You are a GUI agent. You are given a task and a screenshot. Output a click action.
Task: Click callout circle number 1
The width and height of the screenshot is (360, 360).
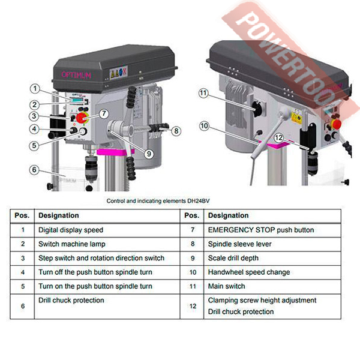click(x=35, y=89)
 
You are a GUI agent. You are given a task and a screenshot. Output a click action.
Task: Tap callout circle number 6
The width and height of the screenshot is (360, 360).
click(x=34, y=170)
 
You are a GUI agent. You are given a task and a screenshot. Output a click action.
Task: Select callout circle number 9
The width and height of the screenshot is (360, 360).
click(x=149, y=154)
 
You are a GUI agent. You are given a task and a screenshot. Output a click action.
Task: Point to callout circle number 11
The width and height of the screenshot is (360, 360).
click(x=203, y=93)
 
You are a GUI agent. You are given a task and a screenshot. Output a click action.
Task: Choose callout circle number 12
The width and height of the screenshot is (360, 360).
click(x=279, y=138)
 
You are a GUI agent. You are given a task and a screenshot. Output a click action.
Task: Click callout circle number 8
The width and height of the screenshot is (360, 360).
click(x=176, y=131)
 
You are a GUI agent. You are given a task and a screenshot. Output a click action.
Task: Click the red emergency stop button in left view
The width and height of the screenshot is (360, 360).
click(x=82, y=118)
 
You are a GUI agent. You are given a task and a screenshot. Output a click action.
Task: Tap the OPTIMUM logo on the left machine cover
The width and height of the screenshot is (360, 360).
click(x=76, y=75)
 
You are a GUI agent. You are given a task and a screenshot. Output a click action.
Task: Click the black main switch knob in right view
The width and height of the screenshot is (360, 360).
click(x=257, y=109)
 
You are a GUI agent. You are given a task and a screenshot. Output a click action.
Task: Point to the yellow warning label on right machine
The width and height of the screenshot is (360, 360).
click(x=296, y=116)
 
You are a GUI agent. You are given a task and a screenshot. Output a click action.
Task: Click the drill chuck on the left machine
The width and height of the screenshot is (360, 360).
click(x=91, y=168)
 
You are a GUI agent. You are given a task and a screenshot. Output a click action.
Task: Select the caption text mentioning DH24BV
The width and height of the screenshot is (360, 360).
click(x=158, y=201)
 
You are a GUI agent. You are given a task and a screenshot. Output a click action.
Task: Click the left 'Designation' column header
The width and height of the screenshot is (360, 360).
click(x=59, y=215)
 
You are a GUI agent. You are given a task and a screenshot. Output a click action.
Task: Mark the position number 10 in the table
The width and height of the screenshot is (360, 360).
click(x=193, y=272)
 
